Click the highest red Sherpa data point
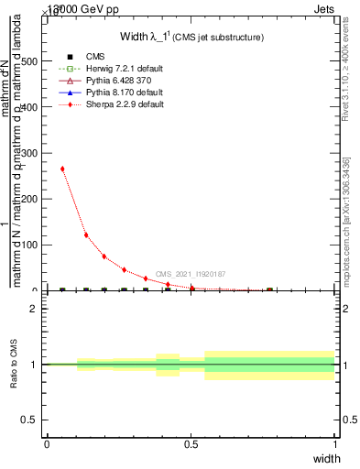(x=62, y=169)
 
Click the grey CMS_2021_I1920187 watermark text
(x=190, y=274)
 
